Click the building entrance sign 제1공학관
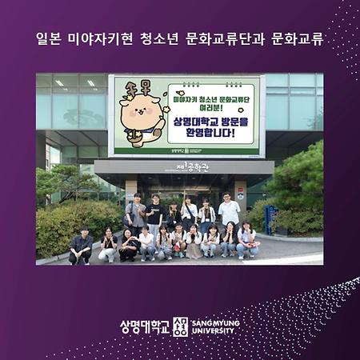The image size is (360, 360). click(x=192, y=167)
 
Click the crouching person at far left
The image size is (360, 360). click(x=80, y=246)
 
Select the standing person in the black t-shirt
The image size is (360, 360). click(x=154, y=211)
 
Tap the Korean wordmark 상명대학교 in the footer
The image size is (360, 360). click(x=145, y=326)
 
